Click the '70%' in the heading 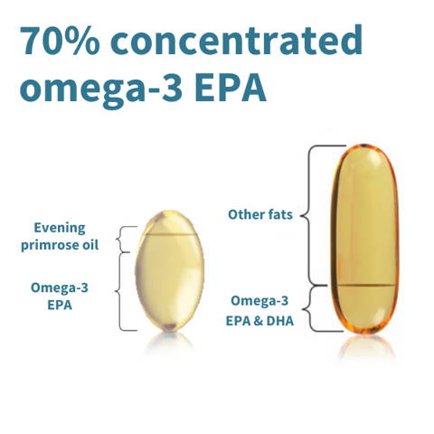57,42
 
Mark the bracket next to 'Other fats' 313,215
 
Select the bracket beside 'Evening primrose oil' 127,239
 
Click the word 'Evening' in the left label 65,228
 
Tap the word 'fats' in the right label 287,215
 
